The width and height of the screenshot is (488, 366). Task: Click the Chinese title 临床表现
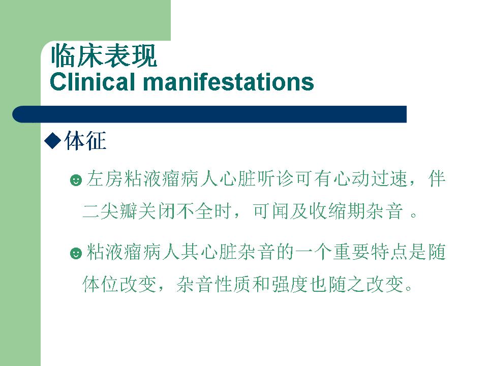tap(104, 56)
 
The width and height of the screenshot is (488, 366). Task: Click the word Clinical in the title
tap(93, 82)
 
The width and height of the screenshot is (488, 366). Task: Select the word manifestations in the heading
tap(228, 82)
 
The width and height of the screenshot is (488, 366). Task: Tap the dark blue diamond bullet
tap(52, 141)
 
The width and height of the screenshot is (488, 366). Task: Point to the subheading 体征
tap(85, 141)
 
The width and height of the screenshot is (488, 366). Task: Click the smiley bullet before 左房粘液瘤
tap(76, 180)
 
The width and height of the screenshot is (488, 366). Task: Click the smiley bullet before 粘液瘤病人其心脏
tap(76, 253)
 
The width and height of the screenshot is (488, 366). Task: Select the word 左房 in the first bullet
tap(105, 179)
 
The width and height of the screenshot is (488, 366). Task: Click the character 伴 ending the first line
tap(437, 179)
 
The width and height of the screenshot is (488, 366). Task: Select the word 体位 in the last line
tap(101, 284)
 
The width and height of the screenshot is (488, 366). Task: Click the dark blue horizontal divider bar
tap(209, 114)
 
